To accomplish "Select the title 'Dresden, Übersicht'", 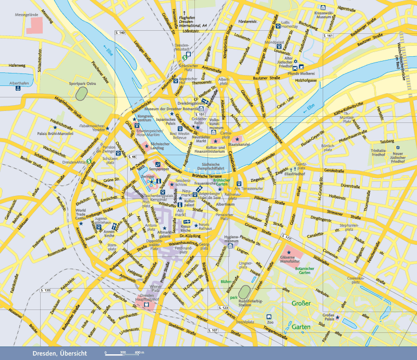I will (x=59, y=353).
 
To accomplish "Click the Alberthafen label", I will (x=19, y=83).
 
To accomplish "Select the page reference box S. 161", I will (x=328, y=35).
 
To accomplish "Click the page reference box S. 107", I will (x=213, y=330).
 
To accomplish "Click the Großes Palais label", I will (x=328, y=317).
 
